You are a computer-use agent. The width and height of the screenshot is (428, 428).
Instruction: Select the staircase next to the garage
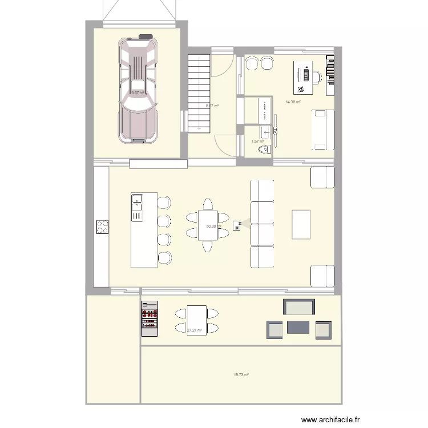(x=200, y=91)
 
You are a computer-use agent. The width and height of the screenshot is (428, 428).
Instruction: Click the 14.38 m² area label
(x=293, y=102)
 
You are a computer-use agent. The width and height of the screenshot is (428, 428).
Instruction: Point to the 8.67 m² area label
(x=212, y=106)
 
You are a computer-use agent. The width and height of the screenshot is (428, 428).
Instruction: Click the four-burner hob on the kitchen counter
(x=102, y=227)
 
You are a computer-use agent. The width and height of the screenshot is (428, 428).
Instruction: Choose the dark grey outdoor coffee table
(x=298, y=327)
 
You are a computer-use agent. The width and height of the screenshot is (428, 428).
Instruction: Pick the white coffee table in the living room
(x=301, y=224)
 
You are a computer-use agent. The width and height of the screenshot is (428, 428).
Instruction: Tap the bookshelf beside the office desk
(x=330, y=75)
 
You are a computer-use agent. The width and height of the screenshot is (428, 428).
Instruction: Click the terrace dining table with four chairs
(x=197, y=320)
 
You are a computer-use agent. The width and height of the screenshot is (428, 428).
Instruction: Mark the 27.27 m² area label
(x=195, y=330)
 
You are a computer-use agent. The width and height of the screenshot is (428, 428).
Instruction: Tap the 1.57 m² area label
(x=258, y=141)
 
